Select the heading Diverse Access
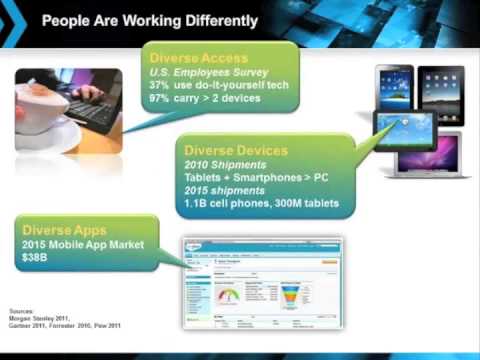pos(198,57)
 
